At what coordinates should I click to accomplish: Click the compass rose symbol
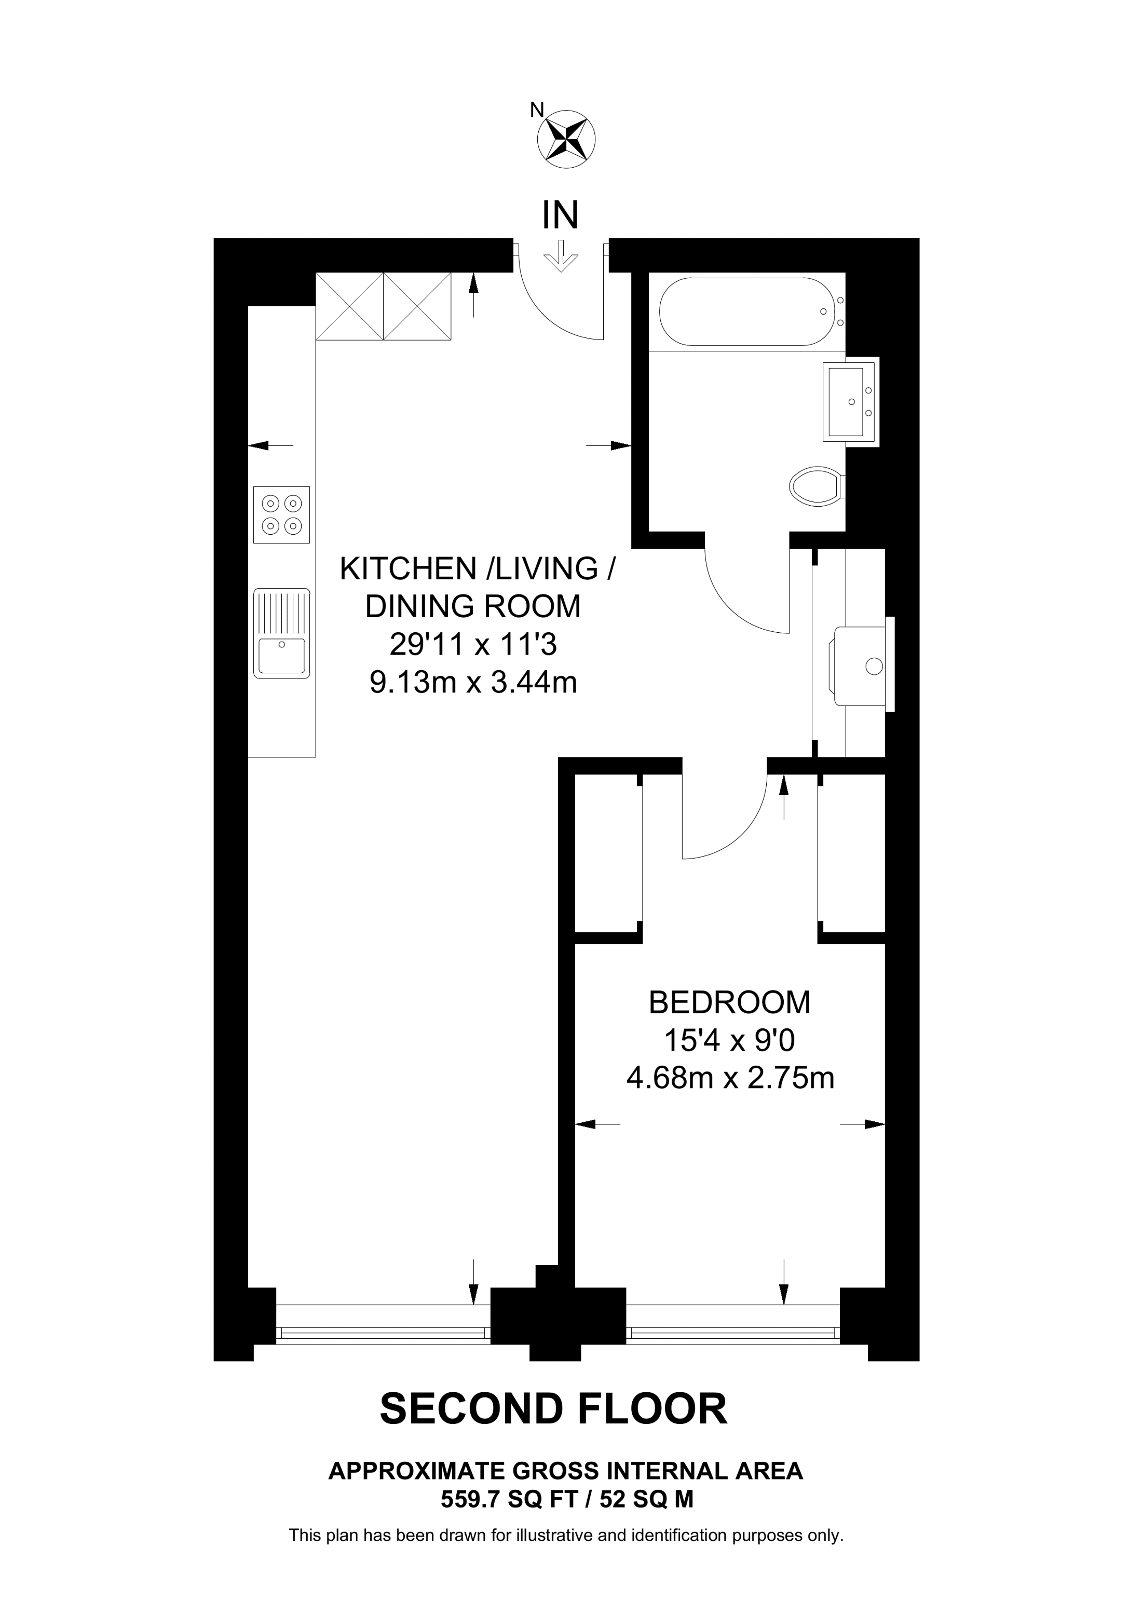coord(566,139)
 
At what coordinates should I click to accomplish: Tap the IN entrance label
coord(560,215)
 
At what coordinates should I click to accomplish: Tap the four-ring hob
coord(281,514)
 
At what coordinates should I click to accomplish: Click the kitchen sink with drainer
coord(281,633)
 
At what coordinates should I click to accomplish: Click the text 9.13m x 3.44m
coord(473,682)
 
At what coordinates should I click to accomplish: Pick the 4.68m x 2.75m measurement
coord(730,1078)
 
